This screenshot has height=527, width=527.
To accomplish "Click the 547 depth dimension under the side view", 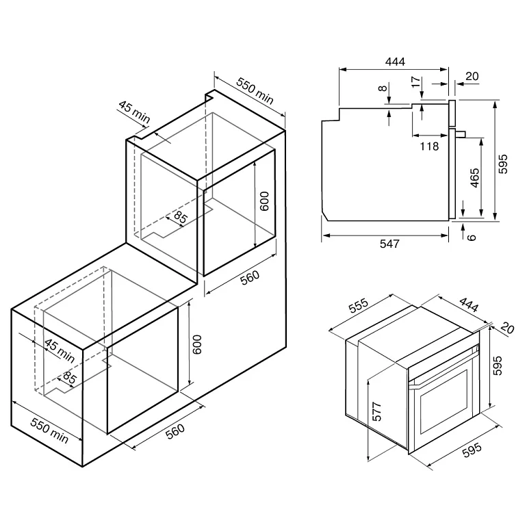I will click(x=389, y=244).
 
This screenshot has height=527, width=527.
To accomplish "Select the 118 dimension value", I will click(x=428, y=145).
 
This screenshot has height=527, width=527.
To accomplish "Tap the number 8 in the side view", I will click(x=382, y=88).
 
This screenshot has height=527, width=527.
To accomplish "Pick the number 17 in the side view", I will click(x=415, y=81).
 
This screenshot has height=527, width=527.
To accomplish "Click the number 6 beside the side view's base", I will click(x=470, y=236).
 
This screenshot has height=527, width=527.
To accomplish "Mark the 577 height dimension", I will click(x=377, y=410).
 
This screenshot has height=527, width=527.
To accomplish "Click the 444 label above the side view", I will click(x=395, y=62).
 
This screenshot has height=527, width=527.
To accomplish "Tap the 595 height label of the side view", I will click(x=503, y=163).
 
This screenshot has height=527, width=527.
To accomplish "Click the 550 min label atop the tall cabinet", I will click(x=255, y=90).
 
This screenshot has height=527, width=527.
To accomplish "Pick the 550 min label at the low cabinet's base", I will click(x=49, y=429).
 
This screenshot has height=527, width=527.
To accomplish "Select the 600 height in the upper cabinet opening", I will click(x=265, y=201).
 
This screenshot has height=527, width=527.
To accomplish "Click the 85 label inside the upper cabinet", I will click(x=181, y=218).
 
